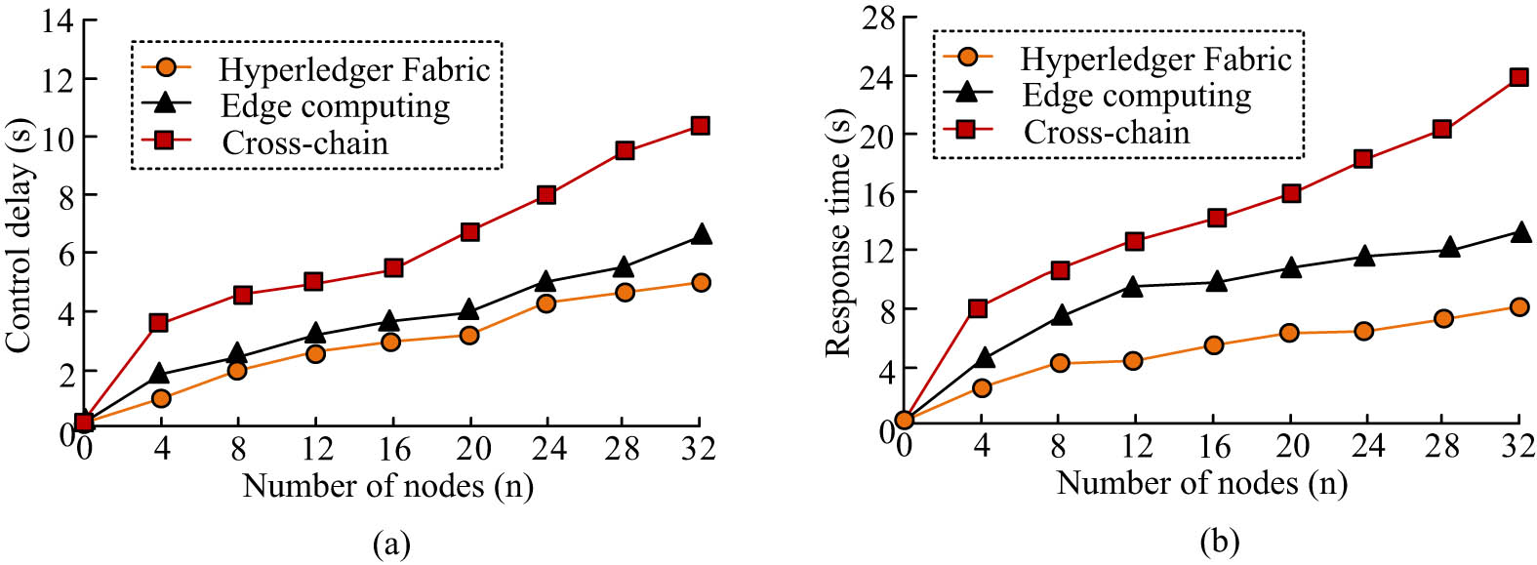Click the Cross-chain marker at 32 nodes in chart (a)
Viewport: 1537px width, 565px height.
(x=700, y=126)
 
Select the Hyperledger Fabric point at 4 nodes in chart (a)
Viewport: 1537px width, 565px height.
(x=161, y=398)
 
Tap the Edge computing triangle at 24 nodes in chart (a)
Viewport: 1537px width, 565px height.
(x=546, y=282)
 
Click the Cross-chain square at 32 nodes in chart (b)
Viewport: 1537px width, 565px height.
(x=1518, y=77)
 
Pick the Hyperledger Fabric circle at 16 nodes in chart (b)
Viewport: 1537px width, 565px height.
(x=1214, y=344)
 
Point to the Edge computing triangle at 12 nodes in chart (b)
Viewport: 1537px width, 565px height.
(x=1132, y=287)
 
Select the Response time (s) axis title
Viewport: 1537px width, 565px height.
(x=838, y=234)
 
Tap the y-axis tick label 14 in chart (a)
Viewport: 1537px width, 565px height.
(x=57, y=20)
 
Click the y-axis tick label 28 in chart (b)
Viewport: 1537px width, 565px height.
(x=877, y=19)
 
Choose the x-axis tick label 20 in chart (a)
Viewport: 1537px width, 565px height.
(x=472, y=449)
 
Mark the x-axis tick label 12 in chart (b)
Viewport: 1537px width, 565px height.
(x=1136, y=446)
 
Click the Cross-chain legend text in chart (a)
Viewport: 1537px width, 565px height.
(x=304, y=143)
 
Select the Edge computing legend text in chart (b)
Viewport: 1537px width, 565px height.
(x=1136, y=96)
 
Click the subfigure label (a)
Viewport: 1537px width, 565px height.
(x=391, y=543)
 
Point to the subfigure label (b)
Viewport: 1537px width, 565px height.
(x=1219, y=541)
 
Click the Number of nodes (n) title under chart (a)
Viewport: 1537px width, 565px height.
(x=387, y=485)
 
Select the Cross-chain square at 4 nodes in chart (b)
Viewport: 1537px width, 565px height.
(x=978, y=308)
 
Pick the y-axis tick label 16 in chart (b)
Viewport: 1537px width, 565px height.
(x=877, y=192)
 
